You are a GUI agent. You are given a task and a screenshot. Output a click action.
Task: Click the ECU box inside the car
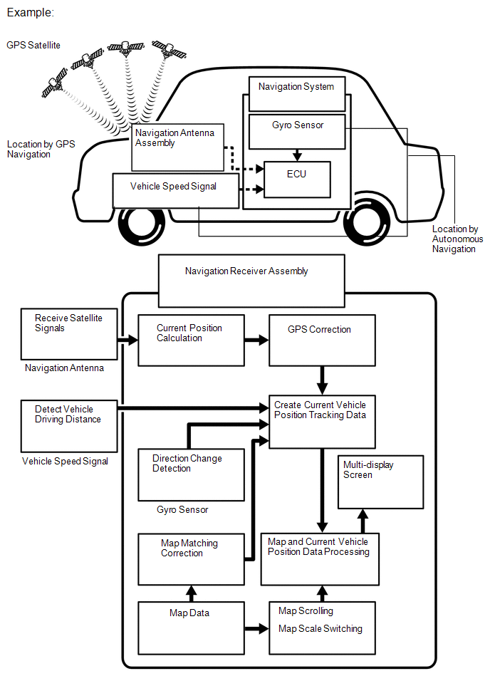coord(297,180)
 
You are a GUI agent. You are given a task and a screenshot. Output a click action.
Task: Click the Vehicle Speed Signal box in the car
coord(175,190)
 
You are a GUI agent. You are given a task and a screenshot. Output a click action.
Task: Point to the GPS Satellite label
coord(33,45)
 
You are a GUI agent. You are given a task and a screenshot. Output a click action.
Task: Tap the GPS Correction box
coord(322,339)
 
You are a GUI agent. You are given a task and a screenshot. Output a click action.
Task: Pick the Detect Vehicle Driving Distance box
coord(68,425)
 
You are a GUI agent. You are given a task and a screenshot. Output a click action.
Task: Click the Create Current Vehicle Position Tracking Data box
coord(322,421)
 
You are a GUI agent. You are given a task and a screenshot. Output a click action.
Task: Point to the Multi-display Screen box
coord(380,482)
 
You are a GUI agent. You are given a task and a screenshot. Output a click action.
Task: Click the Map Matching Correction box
coord(190,559)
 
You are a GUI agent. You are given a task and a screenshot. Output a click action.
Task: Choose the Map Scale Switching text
coord(320,629)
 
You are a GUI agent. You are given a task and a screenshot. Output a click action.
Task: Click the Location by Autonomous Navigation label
coord(457,239)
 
